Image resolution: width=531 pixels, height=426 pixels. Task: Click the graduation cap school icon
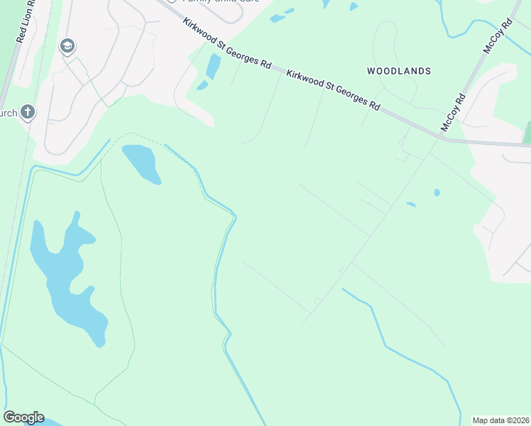(x=67, y=47)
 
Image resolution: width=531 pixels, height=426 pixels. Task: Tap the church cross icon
(x=27, y=111)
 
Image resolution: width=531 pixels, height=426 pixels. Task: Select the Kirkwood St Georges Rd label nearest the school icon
(x=226, y=43)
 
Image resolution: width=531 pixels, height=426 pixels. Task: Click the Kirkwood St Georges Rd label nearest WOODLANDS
(x=332, y=89)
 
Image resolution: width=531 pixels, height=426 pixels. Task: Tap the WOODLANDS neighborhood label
(x=399, y=71)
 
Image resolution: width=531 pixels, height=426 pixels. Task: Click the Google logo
(x=23, y=417)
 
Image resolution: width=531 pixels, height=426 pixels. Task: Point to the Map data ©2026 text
(x=500, y=420)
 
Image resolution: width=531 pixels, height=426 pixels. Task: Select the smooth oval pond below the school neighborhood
(x=141, y=164)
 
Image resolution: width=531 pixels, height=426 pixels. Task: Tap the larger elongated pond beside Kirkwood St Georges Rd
(x=212, y=66)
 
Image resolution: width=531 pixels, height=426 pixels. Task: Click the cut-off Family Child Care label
(x=213, y=2)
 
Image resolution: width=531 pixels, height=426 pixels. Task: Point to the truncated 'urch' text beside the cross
(x=9, y=113)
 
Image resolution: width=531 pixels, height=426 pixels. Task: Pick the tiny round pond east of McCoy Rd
(x=437, y=192)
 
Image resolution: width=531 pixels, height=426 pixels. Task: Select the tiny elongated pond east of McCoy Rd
(x=411, y=204)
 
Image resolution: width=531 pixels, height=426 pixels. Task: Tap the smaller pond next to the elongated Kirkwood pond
(x=202, y=86)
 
